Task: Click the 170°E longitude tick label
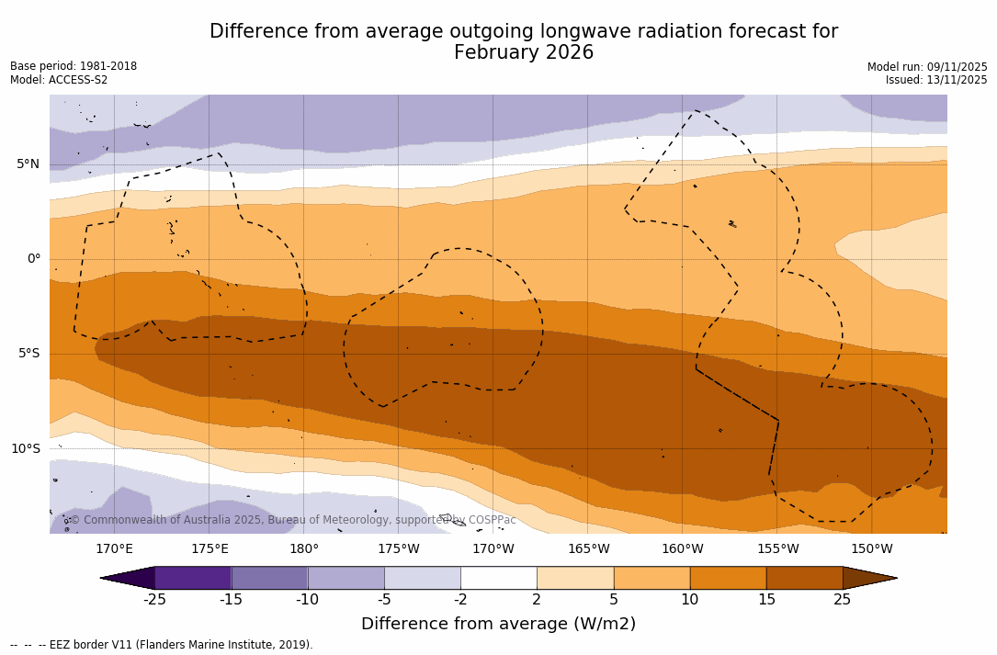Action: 114,549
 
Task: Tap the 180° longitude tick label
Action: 303,549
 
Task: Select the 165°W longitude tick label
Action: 588,549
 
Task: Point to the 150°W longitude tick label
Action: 871,549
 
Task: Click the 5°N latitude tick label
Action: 28,164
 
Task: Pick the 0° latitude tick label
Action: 33,259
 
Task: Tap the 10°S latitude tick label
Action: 25,449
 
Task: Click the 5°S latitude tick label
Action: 28,354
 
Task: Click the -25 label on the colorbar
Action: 154,600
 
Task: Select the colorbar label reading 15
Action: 765,600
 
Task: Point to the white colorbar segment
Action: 498,578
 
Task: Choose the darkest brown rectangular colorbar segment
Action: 804,578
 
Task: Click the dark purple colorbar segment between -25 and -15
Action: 193,578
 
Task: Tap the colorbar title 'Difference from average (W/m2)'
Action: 498,624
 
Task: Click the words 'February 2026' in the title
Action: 524,52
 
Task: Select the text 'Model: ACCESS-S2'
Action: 59,80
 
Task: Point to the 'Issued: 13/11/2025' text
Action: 936,80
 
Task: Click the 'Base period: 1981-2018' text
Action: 74,66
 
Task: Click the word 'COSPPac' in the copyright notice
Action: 492,520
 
